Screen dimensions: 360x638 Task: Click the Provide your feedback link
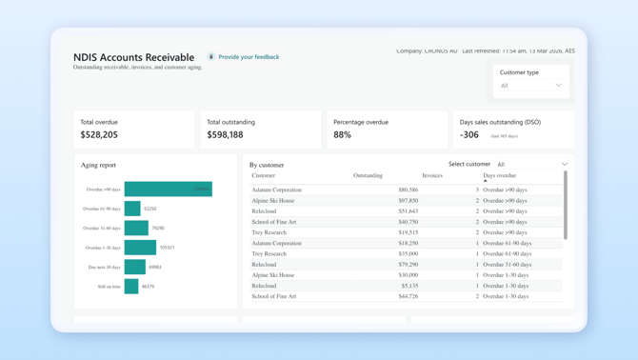click(248, 57)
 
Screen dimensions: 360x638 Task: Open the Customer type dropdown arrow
click(559, 86)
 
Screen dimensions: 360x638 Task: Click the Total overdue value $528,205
click(99, 135)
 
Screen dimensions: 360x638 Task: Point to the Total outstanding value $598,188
click(225, 135)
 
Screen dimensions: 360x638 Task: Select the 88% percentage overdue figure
click(342, 135)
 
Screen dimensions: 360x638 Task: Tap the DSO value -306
click(469, 135)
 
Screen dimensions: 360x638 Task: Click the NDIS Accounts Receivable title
click(133, 57)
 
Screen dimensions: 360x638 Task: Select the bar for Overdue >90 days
click(168, 190)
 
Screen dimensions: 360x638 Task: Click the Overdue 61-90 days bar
click(132, 209)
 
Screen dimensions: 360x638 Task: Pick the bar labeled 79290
click(136, 229)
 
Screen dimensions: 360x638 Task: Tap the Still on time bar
click(131, 287)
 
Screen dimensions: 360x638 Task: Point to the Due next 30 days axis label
click(104, 268)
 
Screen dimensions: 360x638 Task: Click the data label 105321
click(167, 248)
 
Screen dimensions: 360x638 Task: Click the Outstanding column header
click(368, 175)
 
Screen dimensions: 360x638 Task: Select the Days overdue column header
click(499, 175)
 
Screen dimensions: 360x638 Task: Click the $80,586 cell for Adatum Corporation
click(408, 190)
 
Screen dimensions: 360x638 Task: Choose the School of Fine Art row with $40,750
click(274, 222)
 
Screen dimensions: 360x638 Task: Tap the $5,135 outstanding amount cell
click(409, 286)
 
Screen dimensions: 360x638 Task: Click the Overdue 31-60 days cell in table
click(505, 265)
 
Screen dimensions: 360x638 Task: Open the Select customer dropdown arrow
click(565, 164)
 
